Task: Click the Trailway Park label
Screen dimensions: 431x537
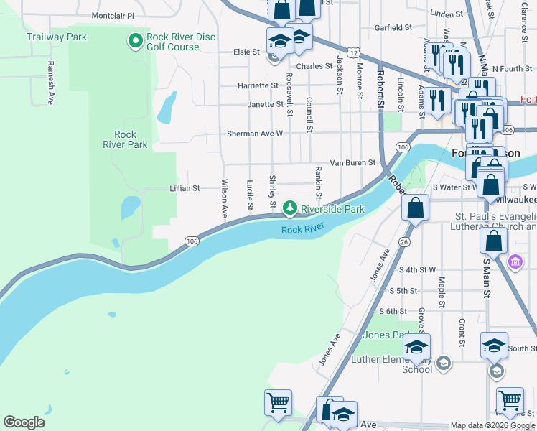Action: [x=56, y=36]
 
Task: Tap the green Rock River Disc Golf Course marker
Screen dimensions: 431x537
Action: [x=134, y=41]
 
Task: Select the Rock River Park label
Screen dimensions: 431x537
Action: [x=126, y=139]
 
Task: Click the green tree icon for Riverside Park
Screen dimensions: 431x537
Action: [x=289, y=208]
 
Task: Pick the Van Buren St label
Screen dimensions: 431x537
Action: [x=352, y=163]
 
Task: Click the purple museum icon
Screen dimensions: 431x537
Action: [x=515, y=261]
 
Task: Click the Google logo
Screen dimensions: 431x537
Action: [x=24, y=422]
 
